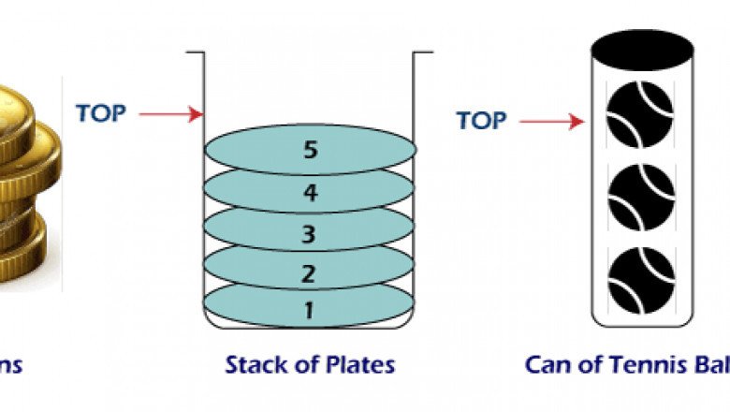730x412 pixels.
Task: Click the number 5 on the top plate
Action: (x=310, y=150)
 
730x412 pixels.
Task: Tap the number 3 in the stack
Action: (x=309, y=233)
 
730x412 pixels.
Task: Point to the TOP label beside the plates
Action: (x=101, y=112)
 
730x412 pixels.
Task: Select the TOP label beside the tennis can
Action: (x=482, y=120)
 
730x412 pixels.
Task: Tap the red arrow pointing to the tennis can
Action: (x=552, y=122)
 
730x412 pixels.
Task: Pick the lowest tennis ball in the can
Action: (x=640, y=277)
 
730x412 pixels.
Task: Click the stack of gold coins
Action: (x=23, y=178)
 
